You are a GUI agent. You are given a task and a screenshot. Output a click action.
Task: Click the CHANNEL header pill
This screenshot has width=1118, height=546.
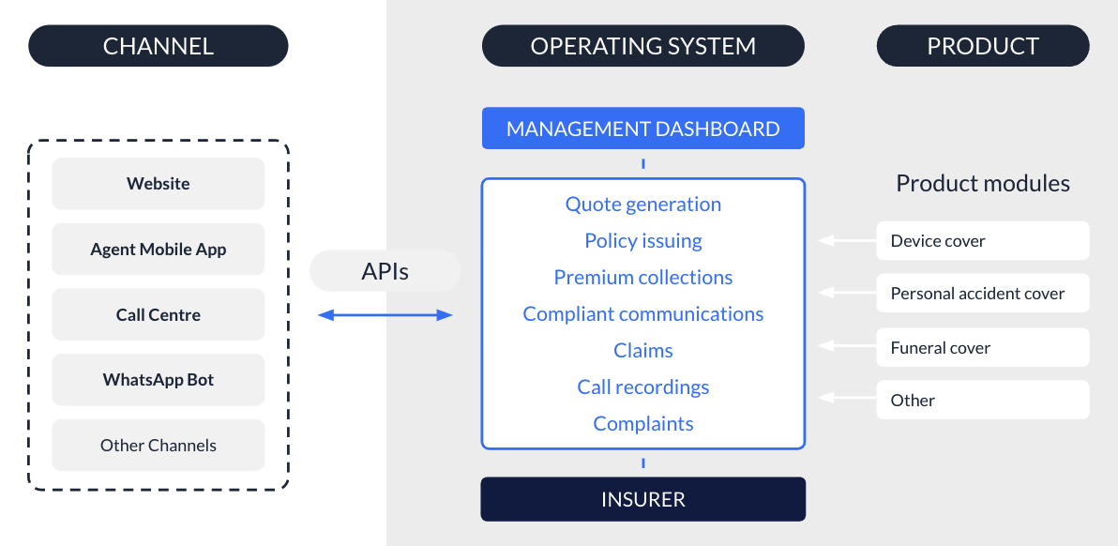[x=158, y=46]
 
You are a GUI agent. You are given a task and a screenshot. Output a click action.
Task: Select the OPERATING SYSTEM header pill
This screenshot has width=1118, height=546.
[x=642, y=46]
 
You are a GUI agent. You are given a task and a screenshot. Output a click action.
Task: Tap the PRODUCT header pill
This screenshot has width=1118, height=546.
[x=983, y=46]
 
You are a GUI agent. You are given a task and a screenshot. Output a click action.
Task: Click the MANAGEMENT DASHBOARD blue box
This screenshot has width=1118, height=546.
[x=642, y=129]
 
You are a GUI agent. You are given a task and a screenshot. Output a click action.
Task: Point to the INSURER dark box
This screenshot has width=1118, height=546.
[x=642, y=499]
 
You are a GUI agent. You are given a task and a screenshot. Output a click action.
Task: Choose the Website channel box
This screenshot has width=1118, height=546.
[x=158, y=184]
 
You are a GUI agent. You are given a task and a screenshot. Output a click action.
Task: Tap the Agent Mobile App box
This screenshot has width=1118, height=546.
[x=158, y=250]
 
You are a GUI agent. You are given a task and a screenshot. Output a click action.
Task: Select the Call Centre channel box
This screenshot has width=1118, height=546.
[x=158, y=315]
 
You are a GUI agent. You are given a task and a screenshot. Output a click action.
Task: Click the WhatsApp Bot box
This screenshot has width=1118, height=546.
[x=158, y=380]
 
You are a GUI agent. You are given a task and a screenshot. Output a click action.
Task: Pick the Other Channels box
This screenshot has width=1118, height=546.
[x=158, y=446]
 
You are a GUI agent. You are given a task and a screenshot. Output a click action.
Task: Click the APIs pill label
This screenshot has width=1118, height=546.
[x=385, y=272]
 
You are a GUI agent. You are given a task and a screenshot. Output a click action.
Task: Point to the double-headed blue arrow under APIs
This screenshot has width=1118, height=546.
[x=385, y=315]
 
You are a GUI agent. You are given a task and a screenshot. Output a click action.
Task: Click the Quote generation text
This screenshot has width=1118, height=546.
[x=642, y=205]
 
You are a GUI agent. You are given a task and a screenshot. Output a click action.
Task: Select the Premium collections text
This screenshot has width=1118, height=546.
[x=642, y=278]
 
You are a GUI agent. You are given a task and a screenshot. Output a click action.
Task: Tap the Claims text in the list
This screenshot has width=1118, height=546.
[x=642, y=351]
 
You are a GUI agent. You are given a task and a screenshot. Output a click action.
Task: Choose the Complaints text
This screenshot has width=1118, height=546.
[x=642, y=424]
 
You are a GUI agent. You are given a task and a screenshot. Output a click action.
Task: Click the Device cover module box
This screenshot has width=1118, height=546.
[x=983, y=241]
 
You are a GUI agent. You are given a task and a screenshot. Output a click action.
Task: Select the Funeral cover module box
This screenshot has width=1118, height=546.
[x=983, y=348]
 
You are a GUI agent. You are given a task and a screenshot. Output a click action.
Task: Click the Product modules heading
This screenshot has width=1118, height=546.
[x=983, y=183]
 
